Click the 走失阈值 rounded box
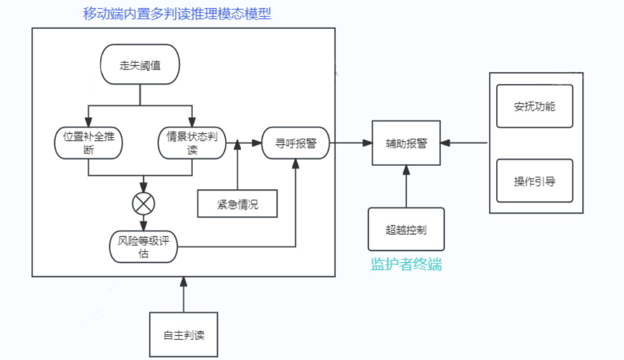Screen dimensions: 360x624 click(140, 65)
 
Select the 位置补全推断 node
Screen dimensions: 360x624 click(89, 143)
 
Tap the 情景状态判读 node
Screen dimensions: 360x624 click(192, 143)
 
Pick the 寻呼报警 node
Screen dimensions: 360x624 click(295, 143)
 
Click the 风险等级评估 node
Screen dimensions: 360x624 click(144, 247)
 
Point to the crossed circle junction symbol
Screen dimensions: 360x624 click(143, 204)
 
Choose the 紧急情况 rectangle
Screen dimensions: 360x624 click(237, 204)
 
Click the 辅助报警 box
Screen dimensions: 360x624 click(406, 143)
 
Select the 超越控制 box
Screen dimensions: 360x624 click(406, 229)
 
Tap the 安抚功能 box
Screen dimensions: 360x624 click(535, 107)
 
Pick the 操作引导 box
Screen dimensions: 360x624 click(535, 181)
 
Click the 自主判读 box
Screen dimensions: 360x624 click(184, 335)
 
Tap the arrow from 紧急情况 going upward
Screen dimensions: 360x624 click(237, 166)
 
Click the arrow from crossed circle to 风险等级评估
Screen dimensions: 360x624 click(143, 223)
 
